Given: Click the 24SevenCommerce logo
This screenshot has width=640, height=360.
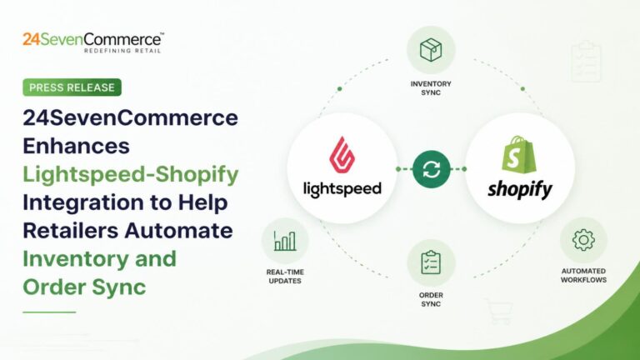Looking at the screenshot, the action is tap(93, 42).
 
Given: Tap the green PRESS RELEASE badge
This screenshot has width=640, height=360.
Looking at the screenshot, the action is tap(72, 87).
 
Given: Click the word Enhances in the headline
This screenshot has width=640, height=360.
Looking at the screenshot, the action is tap(77, 146).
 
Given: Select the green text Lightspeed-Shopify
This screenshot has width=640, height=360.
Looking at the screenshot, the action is tap(131, 175).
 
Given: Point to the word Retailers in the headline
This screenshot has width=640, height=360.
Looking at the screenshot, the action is tap(71, 230).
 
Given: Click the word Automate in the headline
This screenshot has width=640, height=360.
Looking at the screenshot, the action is tap(179, 230).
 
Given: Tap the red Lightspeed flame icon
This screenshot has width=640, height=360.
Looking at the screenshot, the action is tap(342, 154).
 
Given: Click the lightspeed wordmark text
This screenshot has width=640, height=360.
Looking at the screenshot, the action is tap(342, 189).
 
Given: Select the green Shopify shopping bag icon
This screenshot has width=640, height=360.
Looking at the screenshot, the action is tap(518, 154).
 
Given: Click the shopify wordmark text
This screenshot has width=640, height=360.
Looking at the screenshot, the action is tap(520, 190).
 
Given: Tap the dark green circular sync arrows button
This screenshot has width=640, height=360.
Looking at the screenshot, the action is tap(432, 169).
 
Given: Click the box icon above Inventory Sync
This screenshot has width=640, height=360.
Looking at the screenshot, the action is tap(431, 50).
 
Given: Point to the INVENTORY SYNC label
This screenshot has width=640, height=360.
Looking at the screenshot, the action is tap(431, 88).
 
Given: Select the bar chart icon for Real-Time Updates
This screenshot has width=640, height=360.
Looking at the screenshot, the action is tap(285, 241).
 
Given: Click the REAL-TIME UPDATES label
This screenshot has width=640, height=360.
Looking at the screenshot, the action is tap(285, 277).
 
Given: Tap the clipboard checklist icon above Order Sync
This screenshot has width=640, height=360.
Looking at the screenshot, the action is tap(431, 262).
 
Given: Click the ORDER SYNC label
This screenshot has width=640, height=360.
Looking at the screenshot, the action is tap(431, 299).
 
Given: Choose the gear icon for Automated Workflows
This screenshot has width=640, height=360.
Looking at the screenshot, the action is tap(583, 240).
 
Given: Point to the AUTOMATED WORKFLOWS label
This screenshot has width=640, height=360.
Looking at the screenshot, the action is tap(583, 276).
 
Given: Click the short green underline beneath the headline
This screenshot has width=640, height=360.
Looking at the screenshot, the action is tap(49, 312).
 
